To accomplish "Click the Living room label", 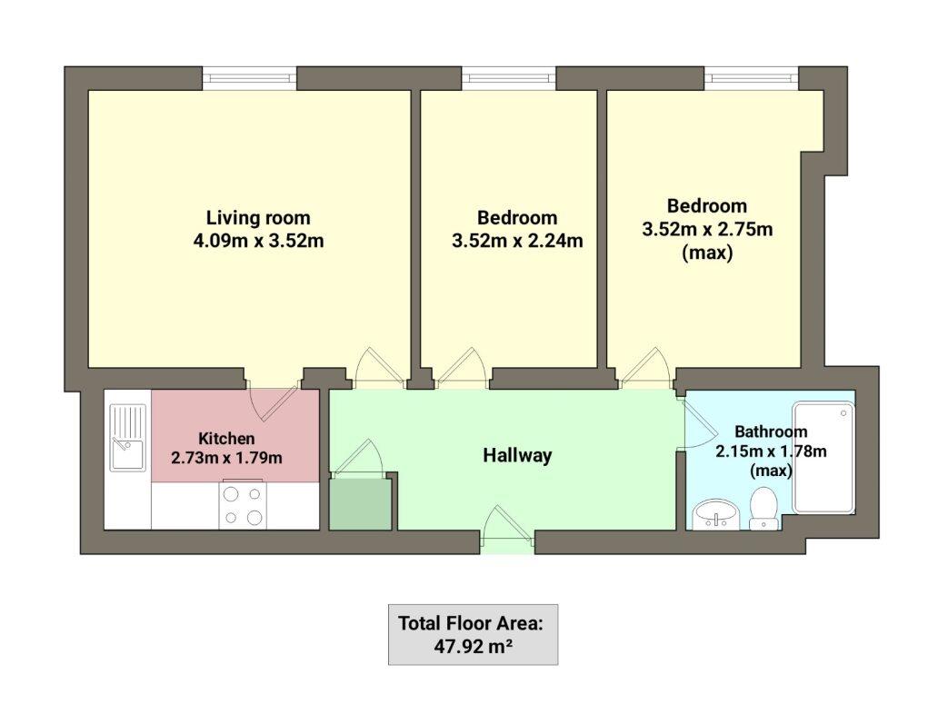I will click(257, 218).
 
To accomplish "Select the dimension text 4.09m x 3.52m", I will click(258, 242).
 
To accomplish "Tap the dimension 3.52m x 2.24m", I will click(516, 242).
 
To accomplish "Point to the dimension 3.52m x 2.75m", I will click(707, 230).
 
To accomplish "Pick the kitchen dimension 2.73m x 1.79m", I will click(226, 458).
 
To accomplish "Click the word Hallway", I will click(516, 455).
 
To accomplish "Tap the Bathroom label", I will click(771, 431).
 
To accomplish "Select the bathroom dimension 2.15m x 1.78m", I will click(771, 451).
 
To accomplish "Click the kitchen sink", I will click(126, 437).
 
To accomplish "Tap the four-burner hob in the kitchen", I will click(243, 506).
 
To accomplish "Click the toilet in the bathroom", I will click(763, 508).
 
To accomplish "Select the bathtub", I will click(823, 457).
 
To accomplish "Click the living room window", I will click(249, 78).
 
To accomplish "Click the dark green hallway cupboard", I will click(360, 502).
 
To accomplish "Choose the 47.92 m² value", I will click(472, 648).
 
